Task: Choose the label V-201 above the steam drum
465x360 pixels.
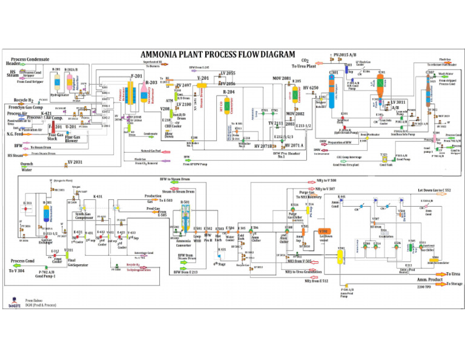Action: click(x=203, y=78)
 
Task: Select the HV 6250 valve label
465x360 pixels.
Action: click(x=310, y=88)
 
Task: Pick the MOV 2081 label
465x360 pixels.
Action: click(x=281, y=78)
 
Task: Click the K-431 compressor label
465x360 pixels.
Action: click(x=97, y=197)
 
